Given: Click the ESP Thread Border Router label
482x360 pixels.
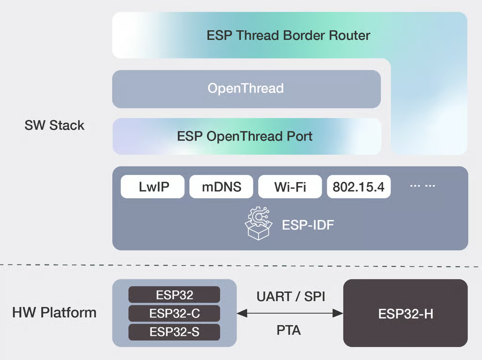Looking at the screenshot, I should coord(289,35).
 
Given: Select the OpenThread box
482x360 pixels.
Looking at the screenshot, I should coord(246,88).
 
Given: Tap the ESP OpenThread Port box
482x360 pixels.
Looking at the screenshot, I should coord(246,136).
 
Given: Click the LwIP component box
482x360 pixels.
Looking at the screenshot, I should coord(152,187).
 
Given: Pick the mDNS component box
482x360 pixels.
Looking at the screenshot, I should coord(221,187).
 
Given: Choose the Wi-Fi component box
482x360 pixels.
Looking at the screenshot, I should coord(290,187).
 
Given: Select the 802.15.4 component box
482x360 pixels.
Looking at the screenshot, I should coord(359,187).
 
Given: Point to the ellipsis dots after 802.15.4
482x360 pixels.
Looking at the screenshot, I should coord(422,186).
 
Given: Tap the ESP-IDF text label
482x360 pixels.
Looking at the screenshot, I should coord(308,225).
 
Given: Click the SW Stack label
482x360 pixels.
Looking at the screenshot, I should coord(54,125).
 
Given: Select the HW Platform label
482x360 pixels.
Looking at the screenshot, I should coord(54,313).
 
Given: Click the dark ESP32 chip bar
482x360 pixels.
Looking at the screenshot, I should coord(174,295).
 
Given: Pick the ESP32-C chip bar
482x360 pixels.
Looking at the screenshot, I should coord(174,313).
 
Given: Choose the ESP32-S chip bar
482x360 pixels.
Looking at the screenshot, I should coord(174,332).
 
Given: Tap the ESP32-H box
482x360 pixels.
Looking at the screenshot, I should coord(405,313).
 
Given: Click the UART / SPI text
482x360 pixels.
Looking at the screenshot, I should coord(291,297).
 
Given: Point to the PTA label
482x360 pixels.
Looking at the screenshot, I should coord(289,330).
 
